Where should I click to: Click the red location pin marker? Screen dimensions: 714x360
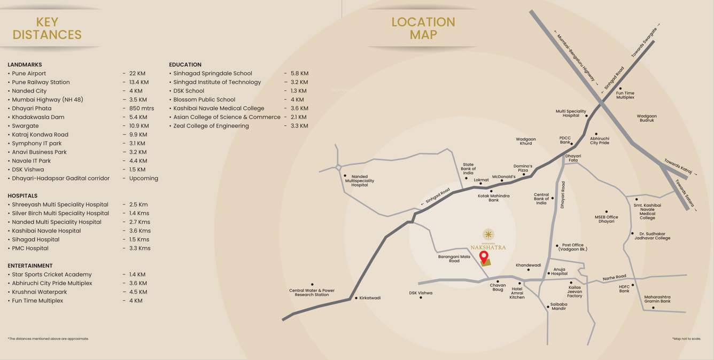484,257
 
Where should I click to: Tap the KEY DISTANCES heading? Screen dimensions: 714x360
47,29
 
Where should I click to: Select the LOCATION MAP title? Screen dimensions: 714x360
423,29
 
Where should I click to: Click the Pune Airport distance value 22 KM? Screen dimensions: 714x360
137,74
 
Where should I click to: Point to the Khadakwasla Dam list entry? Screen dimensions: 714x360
38,118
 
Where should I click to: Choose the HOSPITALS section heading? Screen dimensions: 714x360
22,196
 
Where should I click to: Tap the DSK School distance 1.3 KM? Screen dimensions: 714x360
298,91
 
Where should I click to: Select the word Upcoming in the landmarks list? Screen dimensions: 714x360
143,178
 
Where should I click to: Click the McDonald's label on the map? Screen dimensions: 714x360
503,177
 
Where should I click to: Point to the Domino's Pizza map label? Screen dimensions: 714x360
523,168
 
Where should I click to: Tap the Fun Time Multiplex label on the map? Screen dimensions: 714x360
625,96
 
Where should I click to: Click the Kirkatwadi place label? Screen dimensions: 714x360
370,298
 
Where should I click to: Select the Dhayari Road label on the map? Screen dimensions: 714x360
562,194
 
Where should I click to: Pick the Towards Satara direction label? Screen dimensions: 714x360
686,196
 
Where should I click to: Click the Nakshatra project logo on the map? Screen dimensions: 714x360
488,239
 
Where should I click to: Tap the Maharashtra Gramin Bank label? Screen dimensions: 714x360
657,299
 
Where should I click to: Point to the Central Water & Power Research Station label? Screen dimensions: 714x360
312,293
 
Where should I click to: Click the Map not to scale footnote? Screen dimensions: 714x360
686,339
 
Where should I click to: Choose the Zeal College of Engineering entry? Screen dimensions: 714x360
211,126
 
